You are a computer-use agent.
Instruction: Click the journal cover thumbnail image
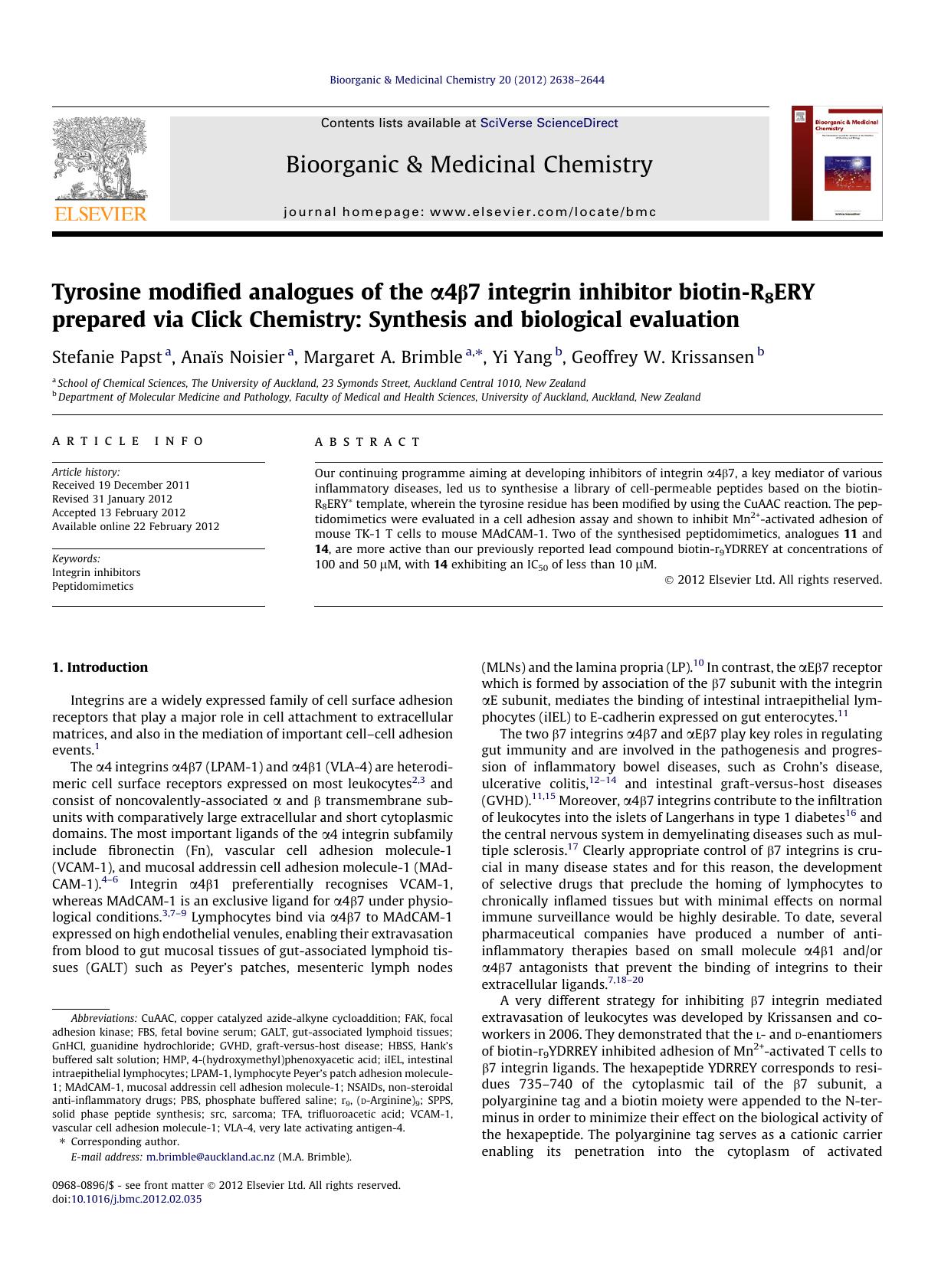(x=837, y=163)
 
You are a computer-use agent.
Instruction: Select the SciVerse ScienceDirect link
(x=549, y=123)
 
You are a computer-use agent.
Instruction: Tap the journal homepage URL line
(x=470, y=212)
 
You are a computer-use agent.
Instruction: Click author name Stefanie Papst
(x=107, y=358)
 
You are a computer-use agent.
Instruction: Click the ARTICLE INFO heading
(x=128, y=441)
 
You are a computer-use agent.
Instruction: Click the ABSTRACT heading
(x=367, y=442)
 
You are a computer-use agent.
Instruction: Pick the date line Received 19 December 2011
(x=121, y=485)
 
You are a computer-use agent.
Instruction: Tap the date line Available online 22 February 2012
(x=136, y=526)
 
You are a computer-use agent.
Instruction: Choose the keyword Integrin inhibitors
(x=97, y=572)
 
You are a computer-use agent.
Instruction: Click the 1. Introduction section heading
(x=100, y=667)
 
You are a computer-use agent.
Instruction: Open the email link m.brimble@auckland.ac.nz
(x=210, y=1157)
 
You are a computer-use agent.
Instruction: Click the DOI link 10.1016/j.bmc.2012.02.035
(x=136, y=1199)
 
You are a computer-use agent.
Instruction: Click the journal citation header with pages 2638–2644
(x=467, y=80)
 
